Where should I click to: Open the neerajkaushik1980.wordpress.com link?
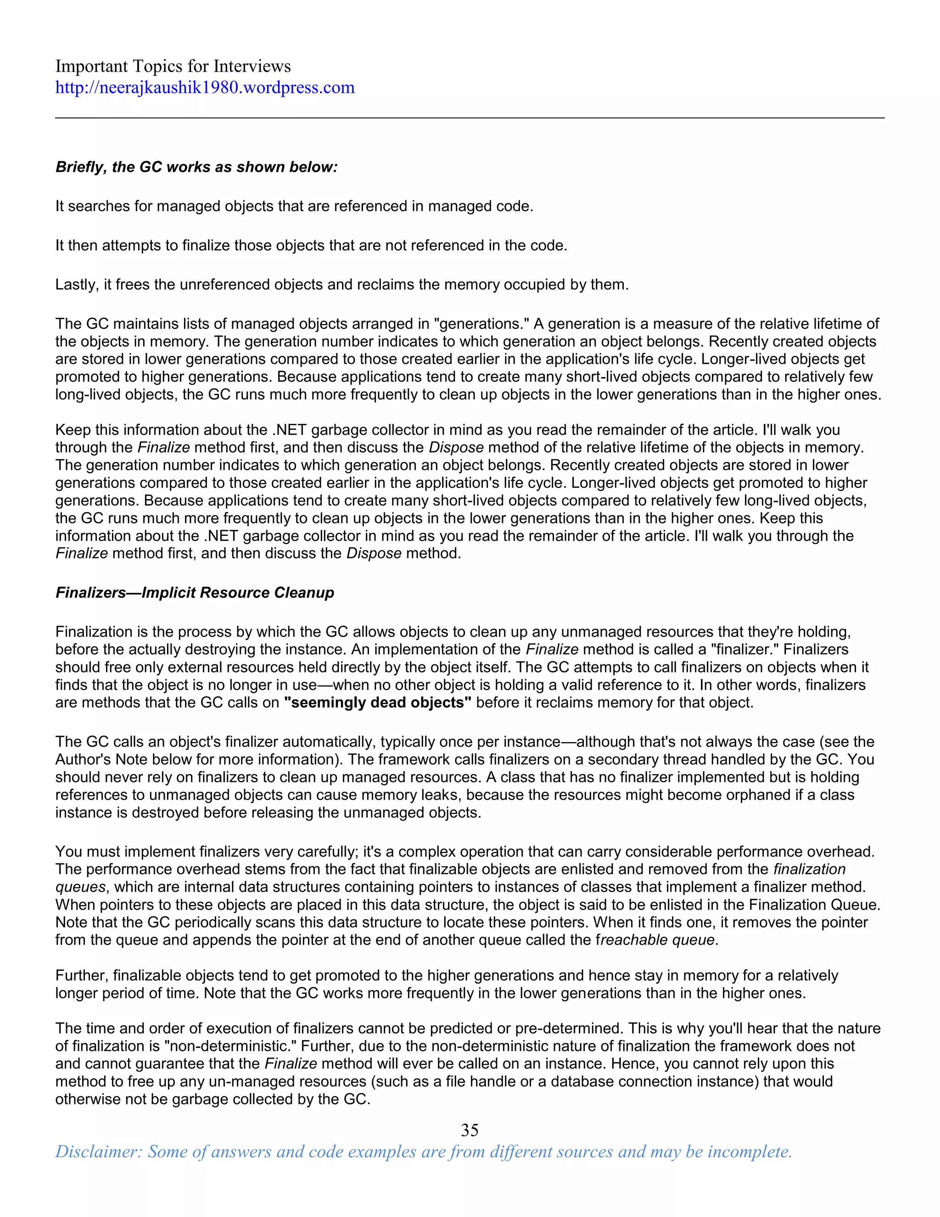click(205, 87)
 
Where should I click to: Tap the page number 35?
click(470, 1130)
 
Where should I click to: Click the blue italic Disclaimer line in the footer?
click(423, 1151)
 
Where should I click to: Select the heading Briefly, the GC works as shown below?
click(196, 167)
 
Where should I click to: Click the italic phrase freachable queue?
click(655, 940)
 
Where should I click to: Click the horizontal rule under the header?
click(470, 118)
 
